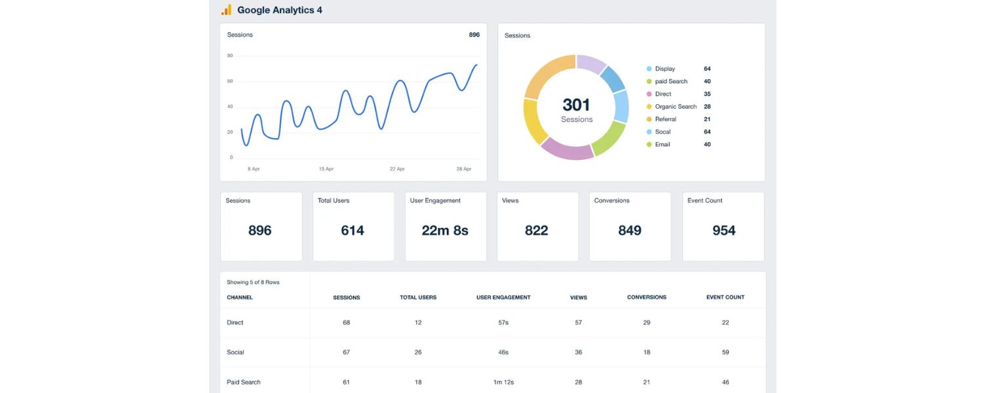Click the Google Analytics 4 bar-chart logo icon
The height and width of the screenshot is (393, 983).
(x=226, y=10)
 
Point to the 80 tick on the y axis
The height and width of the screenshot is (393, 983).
(x=230, y=56)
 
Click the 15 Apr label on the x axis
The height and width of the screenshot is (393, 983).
(x=326, y=169)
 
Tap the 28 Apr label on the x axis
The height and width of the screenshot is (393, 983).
(x=464, y=169)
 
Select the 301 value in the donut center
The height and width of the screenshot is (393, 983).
(x=576, y=105)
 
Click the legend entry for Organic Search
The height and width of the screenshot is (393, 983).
(x=675, y=107)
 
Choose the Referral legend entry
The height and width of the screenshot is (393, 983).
(x=665, y=119)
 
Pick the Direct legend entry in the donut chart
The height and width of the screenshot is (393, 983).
(x=663, y=94)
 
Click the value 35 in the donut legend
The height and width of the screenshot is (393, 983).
(x=707, y=94)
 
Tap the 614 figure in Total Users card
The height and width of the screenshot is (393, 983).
(x=353, y=231)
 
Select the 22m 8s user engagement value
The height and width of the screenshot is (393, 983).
(x=445, y=231)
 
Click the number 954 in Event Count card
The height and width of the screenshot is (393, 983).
(x=723, y=231)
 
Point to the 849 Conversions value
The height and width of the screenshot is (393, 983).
(x=630, y=231)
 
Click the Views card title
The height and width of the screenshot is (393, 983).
(x=510, y=200)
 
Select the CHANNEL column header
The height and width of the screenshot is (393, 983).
(x=240, y=297)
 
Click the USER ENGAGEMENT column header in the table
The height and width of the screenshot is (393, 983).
(x=503, y=297)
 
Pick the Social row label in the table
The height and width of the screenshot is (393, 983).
(x=235, y=352)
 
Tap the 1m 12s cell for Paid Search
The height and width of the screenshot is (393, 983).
(x=503, y=382)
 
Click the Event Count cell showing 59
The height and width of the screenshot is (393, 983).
(x=725, y=352)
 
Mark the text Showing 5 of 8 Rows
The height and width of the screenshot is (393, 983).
(x=253, y=282)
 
